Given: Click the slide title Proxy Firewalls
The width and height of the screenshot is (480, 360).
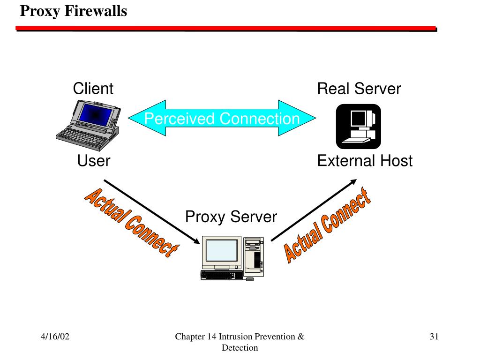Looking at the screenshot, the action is point(74,11).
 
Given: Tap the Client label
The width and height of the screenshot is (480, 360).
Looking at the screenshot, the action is point(93,89).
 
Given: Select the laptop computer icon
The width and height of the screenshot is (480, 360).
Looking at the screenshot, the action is point(89,125).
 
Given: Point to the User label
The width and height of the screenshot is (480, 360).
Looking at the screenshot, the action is point(93,161).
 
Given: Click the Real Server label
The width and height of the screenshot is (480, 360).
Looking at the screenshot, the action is point(359,89).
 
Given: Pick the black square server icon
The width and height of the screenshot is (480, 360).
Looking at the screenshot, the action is point(359,127).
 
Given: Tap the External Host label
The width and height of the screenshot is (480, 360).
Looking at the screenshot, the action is point(365,161).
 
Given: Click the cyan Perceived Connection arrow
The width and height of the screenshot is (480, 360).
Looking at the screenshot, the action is point(222,118).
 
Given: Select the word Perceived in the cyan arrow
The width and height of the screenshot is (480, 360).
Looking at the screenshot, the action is point(180,119).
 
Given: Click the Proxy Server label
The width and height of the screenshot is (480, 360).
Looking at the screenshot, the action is point(231,217).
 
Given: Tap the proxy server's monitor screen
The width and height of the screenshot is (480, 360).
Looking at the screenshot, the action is point(222,250).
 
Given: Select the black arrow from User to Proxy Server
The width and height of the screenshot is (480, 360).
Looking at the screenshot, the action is point(152,212).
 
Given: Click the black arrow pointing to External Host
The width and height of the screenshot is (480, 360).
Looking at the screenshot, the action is point(314,210).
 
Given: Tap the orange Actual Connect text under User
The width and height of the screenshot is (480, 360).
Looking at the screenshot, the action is point(132,223).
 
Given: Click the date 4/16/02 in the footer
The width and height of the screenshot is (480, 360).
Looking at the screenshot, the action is point(55,337).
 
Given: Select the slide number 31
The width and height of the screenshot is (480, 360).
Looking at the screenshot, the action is point(434,337).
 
